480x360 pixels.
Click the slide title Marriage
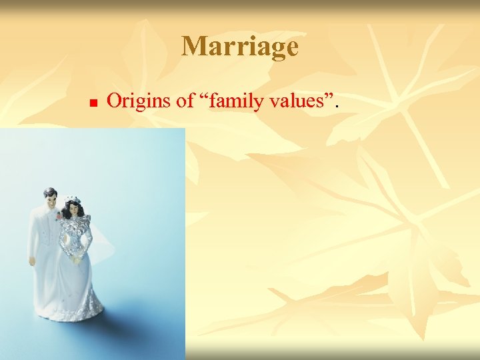pyautogui.click(x=240, y=47)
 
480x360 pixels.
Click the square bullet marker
pyautogui.click(x=93, y=103)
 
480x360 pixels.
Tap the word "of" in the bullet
pyautogui.click(x=182, y=101)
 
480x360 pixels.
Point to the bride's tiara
pyautogui.click(x=71, y=198)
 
